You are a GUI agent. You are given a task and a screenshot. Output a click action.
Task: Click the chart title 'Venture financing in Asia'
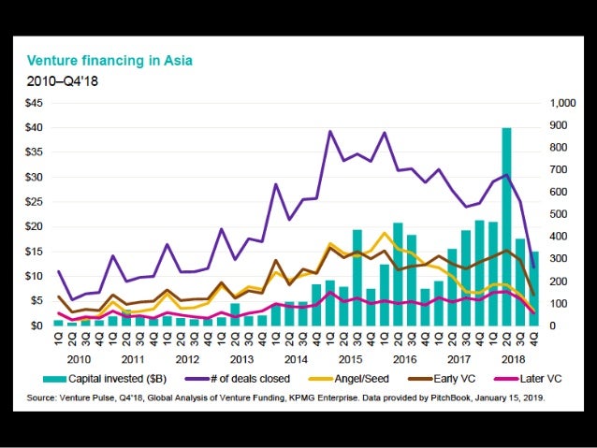click(110, 61)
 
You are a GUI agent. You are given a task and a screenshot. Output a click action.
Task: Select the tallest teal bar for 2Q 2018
click(506, 226)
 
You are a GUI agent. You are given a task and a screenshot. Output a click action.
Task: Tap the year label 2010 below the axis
click(80, 359)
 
